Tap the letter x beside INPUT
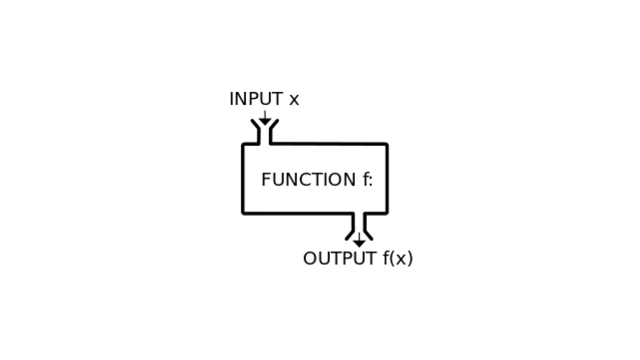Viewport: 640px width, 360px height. click(294, 100)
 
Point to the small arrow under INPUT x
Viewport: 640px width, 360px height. click(264, 118)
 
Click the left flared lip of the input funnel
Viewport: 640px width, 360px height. click(255, 124)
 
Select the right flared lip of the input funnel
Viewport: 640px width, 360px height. click(274, 124)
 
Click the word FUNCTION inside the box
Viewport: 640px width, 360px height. click(308, 179)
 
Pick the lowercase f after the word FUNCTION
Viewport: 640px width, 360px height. click(365, 179)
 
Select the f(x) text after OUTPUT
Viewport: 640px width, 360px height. click(398, 258)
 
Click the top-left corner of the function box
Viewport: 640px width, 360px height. click(243, 145)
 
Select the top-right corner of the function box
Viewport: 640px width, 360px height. click(386, 145)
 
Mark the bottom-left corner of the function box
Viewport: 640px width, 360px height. click(243, 213)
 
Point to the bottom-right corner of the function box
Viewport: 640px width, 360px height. click(386, 213)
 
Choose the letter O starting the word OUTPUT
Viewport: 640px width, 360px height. click(310, 258)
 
